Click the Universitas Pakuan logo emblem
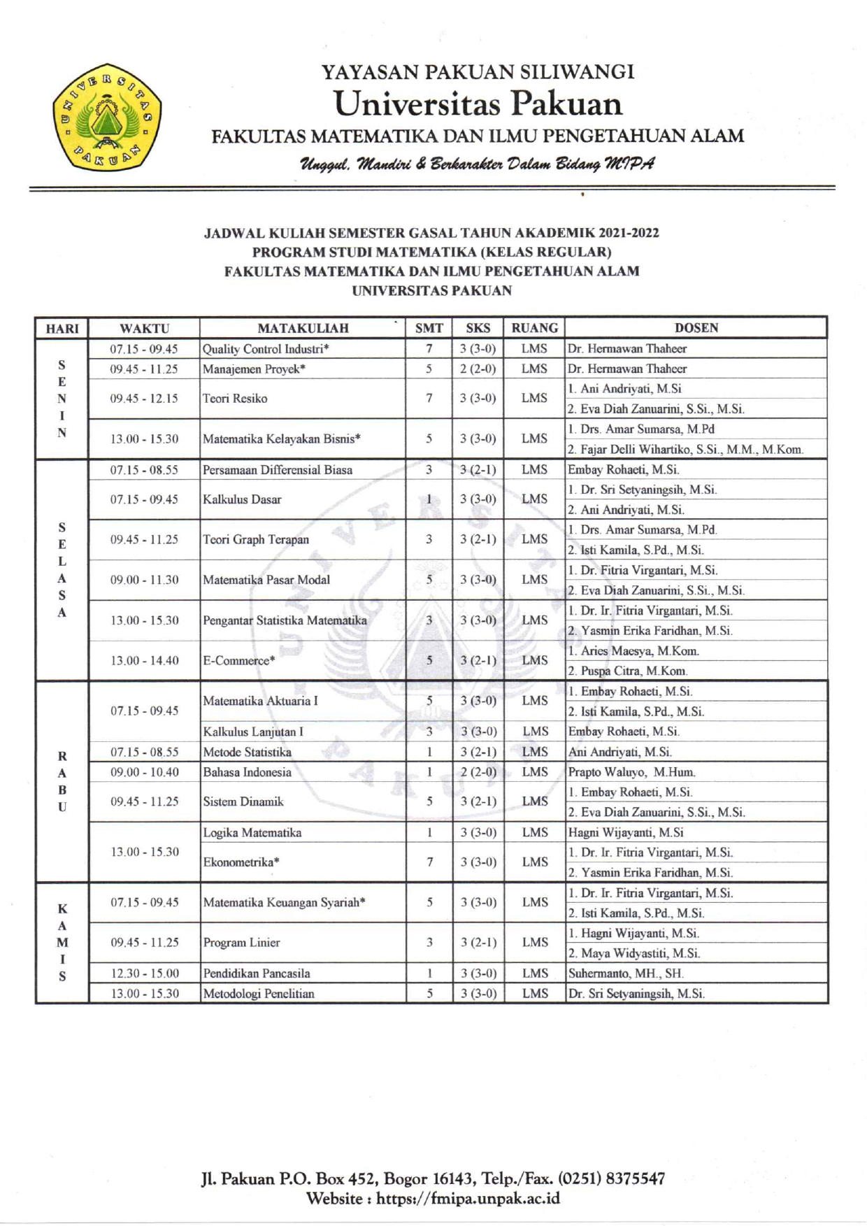(106, 117)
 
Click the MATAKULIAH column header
(303, 328)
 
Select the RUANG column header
(534, 328)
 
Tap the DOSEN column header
(696, 328)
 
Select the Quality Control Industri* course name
(266, 349)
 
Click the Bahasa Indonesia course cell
(247, 772)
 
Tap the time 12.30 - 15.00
(144, 973)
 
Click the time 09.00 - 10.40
(144, 772)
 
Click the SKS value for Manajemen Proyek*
(478, 369)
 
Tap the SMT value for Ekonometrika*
(429, 862)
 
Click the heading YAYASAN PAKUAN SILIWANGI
(478, 72)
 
